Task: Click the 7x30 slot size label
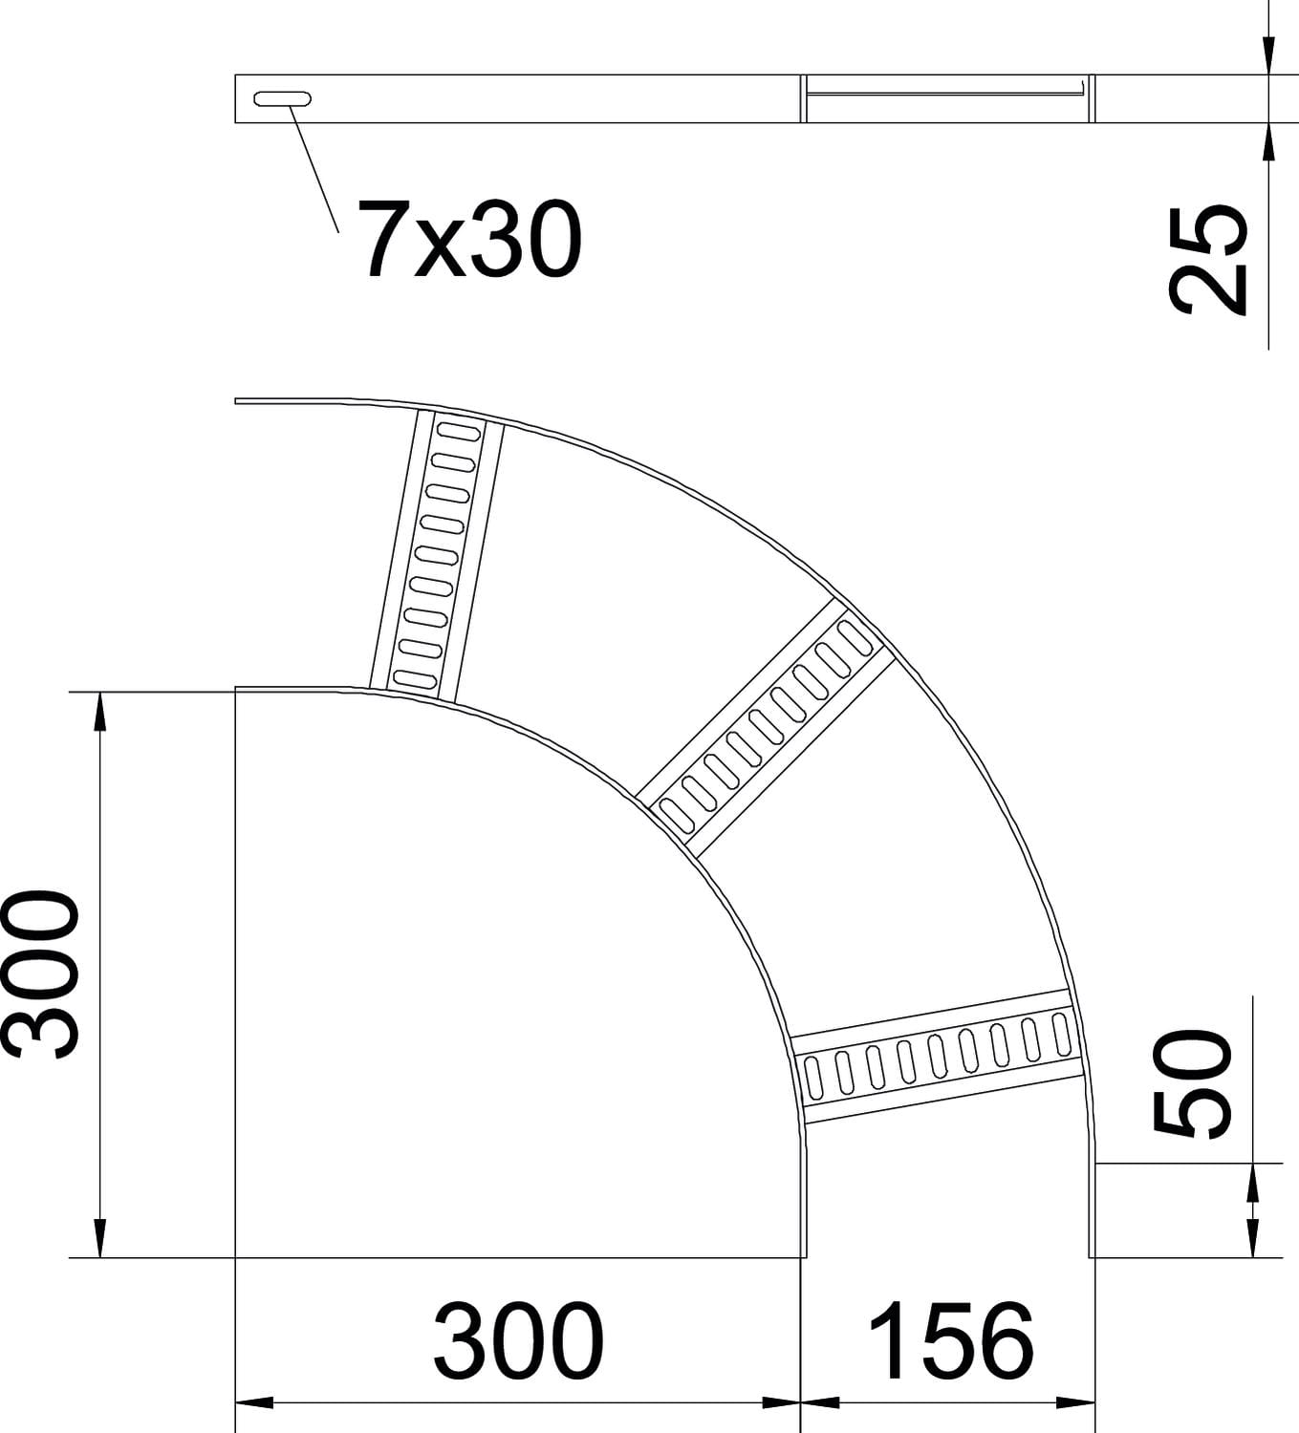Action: tap(469, 239)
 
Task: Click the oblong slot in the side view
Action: tap(282, 98)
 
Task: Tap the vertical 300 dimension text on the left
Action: tap(41, 973)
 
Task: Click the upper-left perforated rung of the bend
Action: tap(436, 556)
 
